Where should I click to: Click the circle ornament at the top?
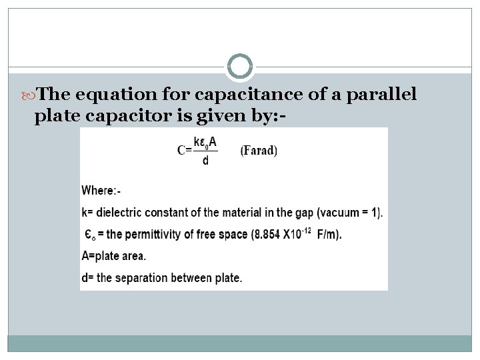point(240,67)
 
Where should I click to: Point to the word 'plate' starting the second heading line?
point(56,116)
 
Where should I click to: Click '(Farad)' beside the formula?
point(259,150)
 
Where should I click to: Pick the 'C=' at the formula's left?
point(184,150)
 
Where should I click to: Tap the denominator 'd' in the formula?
point(205,161)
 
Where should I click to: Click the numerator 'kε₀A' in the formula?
point(205,142)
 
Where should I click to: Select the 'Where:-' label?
point(101,191)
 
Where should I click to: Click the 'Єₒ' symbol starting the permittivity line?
point(89,235)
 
